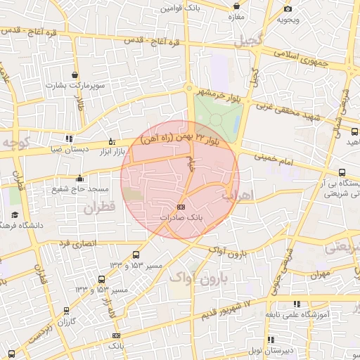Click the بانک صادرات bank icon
coord(181,207)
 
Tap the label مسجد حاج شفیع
coord(78,188)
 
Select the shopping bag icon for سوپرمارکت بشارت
coord(75,75)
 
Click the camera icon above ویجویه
coord(288,8)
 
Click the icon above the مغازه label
coord(236,4)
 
